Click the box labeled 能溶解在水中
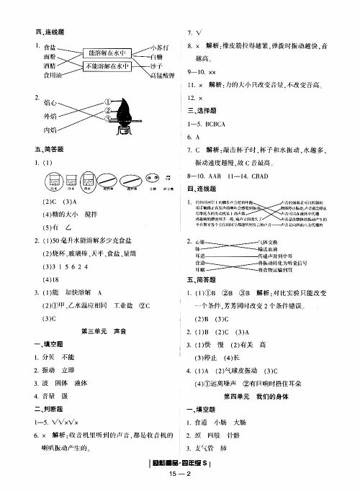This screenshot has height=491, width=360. (x=108, y=53)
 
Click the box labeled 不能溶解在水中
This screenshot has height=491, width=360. (x=108, y=67)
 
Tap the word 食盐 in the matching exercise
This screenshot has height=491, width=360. (x=50, y=46)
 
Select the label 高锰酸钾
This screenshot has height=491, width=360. (x=163, y=76)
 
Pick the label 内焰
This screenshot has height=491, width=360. (x=50, y=130)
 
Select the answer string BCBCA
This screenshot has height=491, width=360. (x=219, y=123)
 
